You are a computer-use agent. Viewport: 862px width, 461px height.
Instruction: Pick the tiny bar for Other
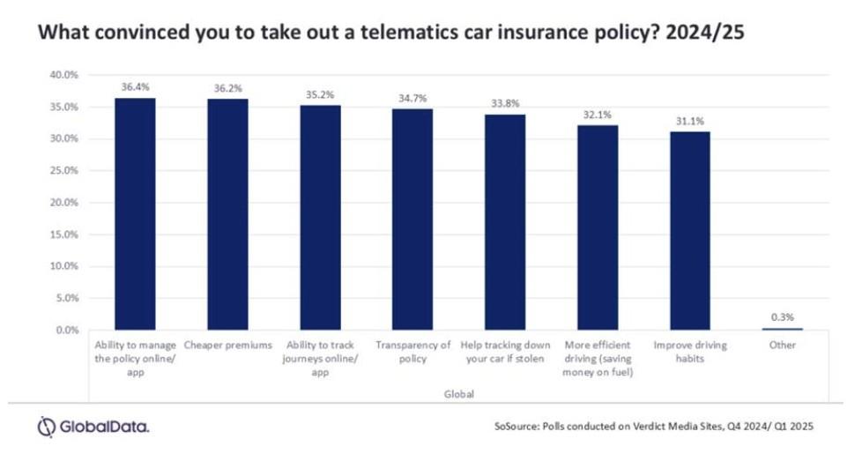tap(782, 329)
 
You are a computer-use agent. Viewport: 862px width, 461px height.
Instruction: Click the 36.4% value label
tap(136, 86)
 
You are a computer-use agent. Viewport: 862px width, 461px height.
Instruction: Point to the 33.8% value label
tap(505, 102)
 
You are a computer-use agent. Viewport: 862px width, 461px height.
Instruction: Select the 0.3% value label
tap(782, 316)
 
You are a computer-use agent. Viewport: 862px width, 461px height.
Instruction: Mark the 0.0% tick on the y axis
tap(63, 331)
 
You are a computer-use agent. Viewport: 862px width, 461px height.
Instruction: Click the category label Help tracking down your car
tap(505, 352)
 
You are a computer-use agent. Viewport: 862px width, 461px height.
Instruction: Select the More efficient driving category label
tap(597, 358)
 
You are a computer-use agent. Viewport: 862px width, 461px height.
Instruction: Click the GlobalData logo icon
tap(46, 427)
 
